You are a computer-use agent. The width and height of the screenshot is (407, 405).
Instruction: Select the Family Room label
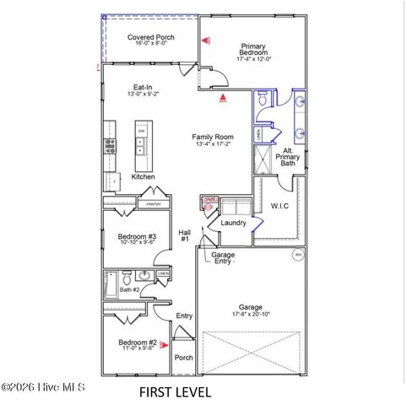[x=212, y=137]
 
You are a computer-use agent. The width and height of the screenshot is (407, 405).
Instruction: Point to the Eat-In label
[x=143, y=87]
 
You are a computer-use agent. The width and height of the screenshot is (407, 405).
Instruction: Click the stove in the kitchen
[x=109, y=145]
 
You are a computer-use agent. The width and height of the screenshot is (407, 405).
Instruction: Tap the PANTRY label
[x=153, y=204]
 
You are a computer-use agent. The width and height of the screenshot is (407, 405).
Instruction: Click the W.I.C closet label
[x=280, y=205]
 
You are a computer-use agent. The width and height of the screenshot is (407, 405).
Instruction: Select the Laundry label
[x=233, y=223]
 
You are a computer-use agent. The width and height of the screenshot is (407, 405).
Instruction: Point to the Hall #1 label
[x=184, y=236]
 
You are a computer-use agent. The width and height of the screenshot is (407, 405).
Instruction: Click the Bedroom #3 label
[x=137, y=237]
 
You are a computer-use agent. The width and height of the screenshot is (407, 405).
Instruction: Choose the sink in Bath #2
[x=144, y=276]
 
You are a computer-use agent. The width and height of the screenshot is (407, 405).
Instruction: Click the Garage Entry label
[x=223, y=258]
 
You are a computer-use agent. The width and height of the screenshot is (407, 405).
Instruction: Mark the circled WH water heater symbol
[x=297, y=254]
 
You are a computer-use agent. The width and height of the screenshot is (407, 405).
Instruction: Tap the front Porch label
[x=183, y=358]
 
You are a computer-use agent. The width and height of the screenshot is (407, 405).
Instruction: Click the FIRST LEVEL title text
[x=176, y=392]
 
